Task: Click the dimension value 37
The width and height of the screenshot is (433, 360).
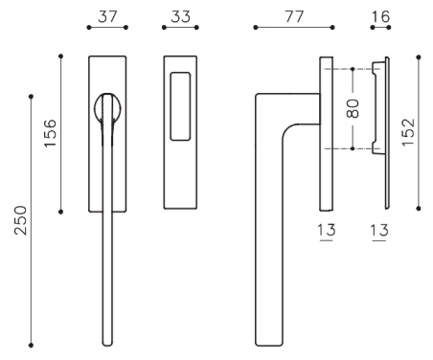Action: [107, 16]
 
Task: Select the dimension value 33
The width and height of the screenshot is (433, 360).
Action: [180, 16]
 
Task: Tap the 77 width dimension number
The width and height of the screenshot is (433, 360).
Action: [294, 16]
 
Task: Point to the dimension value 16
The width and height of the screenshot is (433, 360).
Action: [380, 16]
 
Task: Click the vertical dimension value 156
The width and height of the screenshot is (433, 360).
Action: [50, 133]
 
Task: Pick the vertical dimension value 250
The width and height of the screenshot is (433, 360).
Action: [20, 220]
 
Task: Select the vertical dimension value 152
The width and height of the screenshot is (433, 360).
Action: [408, 132]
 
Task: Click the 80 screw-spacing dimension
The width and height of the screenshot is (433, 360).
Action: [353, 108]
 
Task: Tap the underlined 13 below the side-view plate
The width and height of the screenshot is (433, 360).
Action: [327, 231]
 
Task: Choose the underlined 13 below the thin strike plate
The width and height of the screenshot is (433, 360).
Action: [379, 231]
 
